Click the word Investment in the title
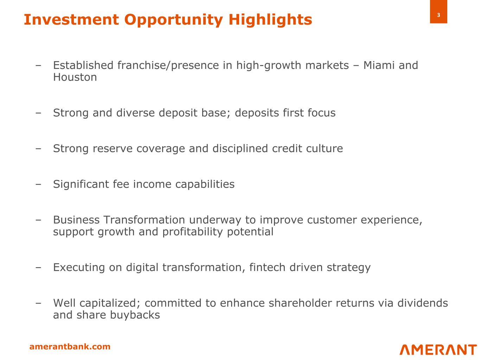point(71,20)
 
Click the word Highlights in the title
point(270,20)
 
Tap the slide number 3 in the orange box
point(439,15)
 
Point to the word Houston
point(75,77)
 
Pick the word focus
point(321,112)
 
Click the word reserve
point(113,148)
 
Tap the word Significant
point(81,184)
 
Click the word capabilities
point(205,184)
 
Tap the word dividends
point(422,303)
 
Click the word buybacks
point(135,315)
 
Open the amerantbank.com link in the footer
point(70,347)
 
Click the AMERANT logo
point(438,350)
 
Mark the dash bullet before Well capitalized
point(38,303)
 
